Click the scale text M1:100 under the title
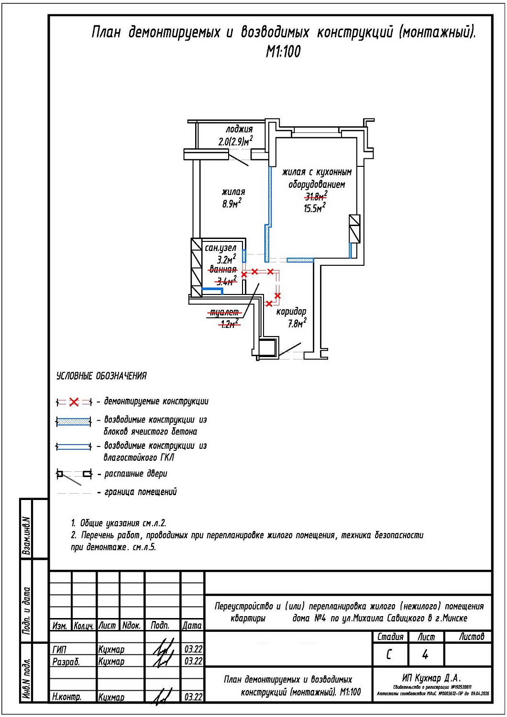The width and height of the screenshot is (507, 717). coord(283,52)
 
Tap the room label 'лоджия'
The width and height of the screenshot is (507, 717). coord(239,129)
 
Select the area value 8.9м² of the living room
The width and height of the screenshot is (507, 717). coord(231,204)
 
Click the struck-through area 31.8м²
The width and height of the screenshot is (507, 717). coord(316,196)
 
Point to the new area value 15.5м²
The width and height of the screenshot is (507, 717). coord(314,208)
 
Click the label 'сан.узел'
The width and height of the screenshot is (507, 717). coord(220,248)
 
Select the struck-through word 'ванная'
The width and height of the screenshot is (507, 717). coord(223,270)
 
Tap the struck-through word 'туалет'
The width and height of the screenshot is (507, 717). coord(224,313)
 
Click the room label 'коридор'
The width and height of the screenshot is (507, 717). coord(291,312)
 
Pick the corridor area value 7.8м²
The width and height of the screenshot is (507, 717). coord(297,324)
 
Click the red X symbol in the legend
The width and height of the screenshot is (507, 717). coord(74,402)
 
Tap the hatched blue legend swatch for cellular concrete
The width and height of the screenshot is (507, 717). coord(74,422)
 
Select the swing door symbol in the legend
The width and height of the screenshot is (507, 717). coord(74,474)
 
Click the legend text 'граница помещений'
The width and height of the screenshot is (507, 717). coord(140,492)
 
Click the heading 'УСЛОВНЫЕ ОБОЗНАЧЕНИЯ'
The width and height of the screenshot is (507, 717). coord(101,376)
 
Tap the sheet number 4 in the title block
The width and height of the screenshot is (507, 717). coord(425,654)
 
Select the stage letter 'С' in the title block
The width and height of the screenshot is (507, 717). coord(389,654)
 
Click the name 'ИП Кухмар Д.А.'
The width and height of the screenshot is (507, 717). coord(431,678)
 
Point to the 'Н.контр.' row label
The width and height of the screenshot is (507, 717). coord(66,697)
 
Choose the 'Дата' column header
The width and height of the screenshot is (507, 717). coord(192,625)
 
